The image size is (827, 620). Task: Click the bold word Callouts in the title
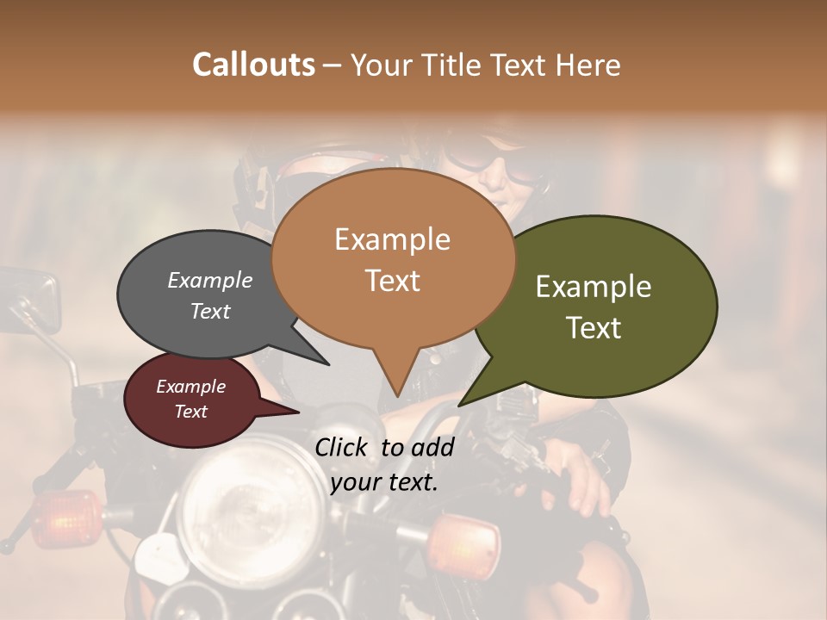pos(253,65)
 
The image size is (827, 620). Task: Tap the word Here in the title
pos(590,65)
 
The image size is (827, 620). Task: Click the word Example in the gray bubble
pos(209,281)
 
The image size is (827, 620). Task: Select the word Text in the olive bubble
pos(594,328)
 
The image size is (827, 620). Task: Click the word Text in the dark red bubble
pos(190,412)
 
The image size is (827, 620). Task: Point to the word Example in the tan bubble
pos(392,239)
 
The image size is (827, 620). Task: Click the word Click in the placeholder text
pos(344,448)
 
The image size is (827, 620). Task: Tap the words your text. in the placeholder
pos(384,482)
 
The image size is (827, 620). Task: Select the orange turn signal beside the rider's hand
pos(465,542)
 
